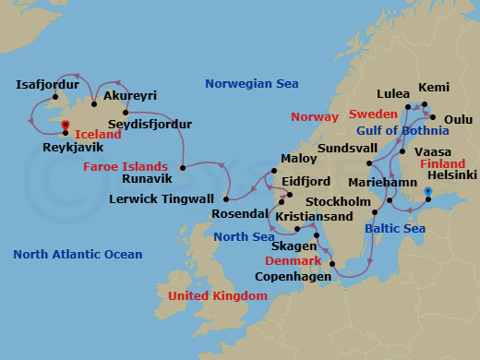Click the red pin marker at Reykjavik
(66, 126)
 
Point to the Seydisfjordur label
(150, 124)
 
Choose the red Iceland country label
(98, 134)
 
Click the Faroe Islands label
(125, 167)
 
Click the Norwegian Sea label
(251, 84)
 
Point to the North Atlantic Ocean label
(78, 254)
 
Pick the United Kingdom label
(217, 295)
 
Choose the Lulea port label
(392, 94)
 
